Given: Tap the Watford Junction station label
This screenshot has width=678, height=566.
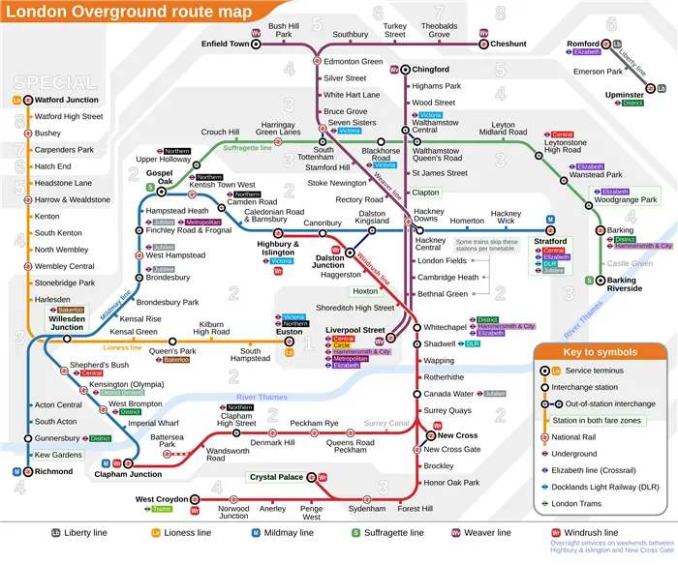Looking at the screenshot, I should (x=67, y=100).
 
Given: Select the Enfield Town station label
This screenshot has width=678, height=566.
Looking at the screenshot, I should (x=225, y=44).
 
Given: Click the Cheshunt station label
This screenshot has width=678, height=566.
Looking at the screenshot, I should (x=508, y=44).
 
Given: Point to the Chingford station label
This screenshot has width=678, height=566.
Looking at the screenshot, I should (x=431, y=70).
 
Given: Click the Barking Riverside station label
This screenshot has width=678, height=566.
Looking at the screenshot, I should (x=624, y=283).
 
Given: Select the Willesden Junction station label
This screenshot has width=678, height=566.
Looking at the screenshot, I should (x=67, y=322).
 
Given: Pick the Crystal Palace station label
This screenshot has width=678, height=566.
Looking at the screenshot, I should (x=276, y=477).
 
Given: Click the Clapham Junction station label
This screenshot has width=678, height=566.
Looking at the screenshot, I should (x=128, y=474).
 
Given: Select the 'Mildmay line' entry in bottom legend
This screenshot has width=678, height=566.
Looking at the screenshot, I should (x=288, y=533).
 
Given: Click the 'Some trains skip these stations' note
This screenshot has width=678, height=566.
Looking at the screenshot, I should (x=487, y=246).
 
